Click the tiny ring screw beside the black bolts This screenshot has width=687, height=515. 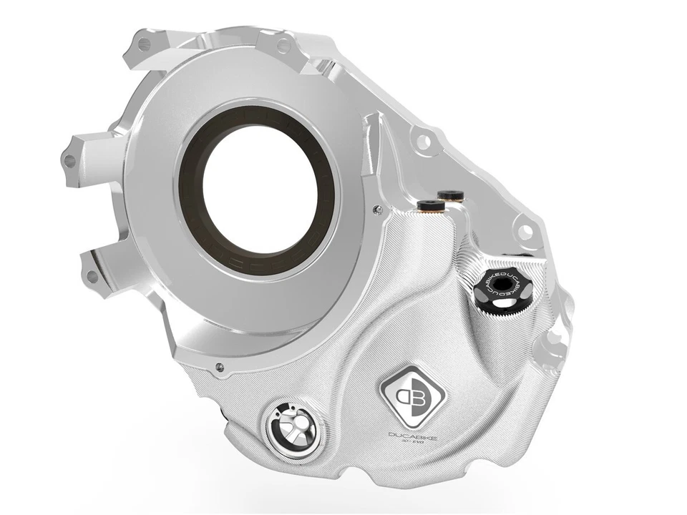[x=377, y=208]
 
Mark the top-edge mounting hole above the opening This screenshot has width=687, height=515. [x=284, y=46]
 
